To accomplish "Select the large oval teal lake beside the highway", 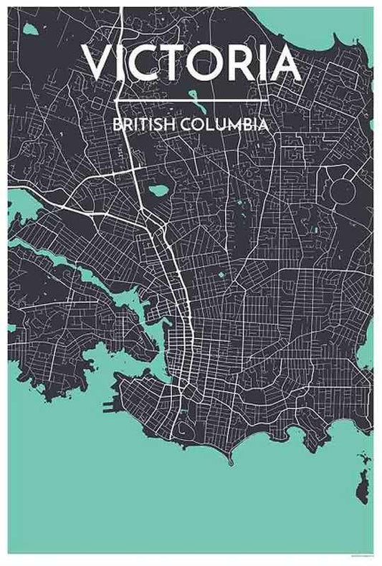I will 158,191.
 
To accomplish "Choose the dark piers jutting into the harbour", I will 108,406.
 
